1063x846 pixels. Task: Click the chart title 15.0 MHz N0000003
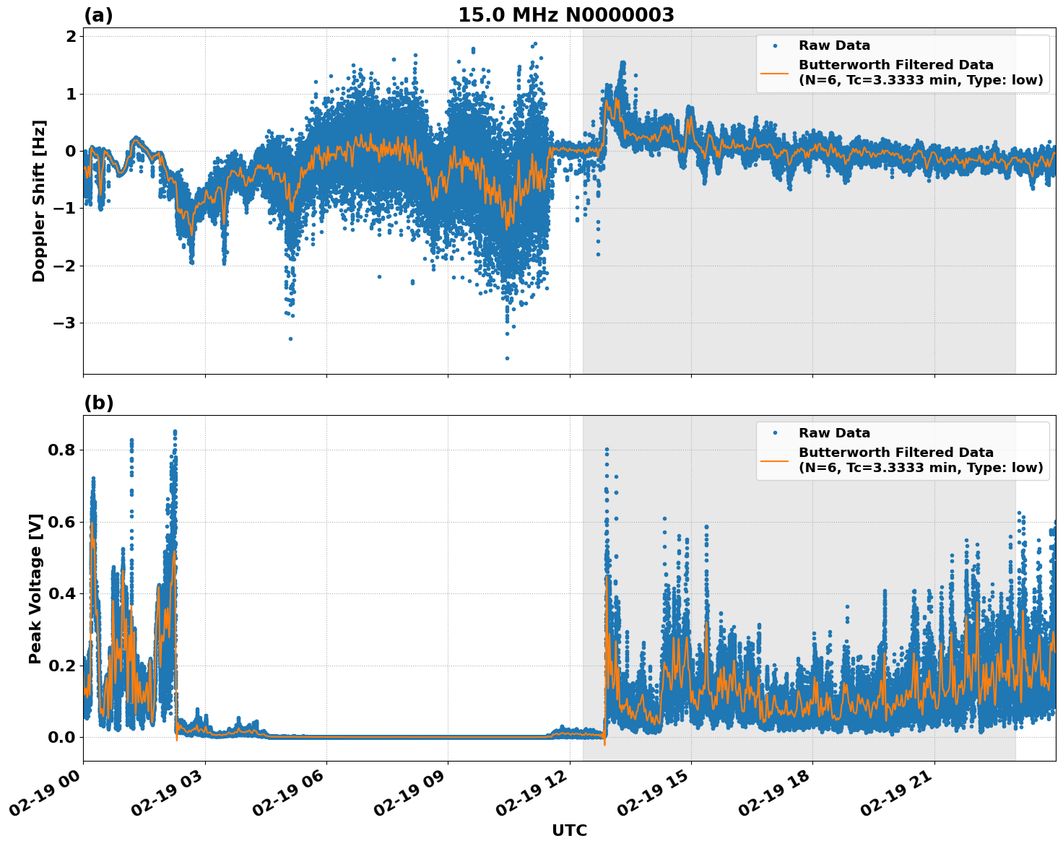565,15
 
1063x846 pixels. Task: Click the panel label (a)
98,15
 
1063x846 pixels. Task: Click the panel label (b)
98,403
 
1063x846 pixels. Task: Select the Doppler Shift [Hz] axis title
39,201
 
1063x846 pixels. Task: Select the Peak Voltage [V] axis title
35,588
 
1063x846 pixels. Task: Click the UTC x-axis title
569,830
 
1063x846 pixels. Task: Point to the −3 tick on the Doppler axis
66,323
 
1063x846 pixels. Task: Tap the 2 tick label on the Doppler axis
71,37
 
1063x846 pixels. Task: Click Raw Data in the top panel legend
834,45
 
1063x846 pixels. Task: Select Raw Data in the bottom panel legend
834,433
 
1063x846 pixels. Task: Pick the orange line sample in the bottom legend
775,460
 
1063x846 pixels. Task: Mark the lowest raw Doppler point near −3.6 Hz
507,358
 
